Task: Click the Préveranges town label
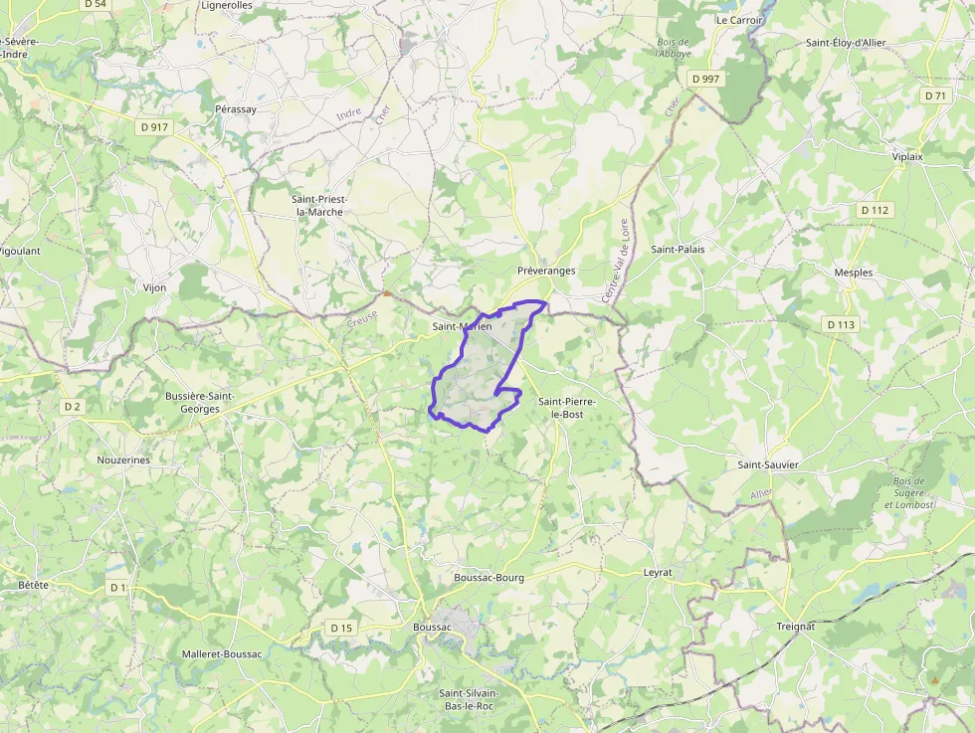tap(546, 271)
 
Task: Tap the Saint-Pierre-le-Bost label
tap(567, 407)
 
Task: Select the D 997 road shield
tap(709, 79)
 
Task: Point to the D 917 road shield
tap(154, 127)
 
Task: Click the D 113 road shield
tap(841, 324)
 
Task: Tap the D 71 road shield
tap(934, 95)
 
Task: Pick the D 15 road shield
tap(341, 628)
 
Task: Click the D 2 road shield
tap(71, 406)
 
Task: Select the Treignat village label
tap(795, 626)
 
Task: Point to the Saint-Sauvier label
tap(768, 464)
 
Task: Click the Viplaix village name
tap(907, 157)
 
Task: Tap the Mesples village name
tap(854, 273)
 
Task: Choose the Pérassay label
tap(236, 108)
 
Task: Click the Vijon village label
tap(154, 287)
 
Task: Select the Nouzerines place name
tap(123, 459)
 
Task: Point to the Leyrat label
tap(658, 573)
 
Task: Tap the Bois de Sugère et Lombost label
tap(909, 493)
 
